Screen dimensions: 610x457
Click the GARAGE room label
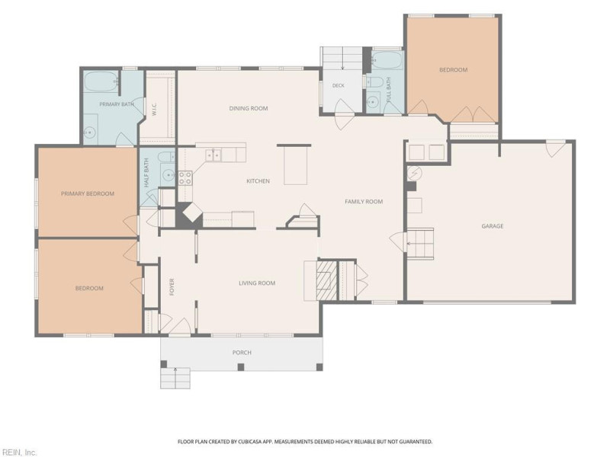click(492, 225)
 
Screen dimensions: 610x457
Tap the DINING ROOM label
click(249, 108)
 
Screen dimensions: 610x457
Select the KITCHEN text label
click(258, 181)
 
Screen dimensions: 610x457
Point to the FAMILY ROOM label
click(364, 201)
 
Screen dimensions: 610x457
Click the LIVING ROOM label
click(257, 283)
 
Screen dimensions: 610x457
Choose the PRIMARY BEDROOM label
click(88, 193)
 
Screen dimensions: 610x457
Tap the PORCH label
click(242, 353)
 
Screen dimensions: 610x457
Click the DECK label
click(338, 85)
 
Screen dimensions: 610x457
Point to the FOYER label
click(172, 287)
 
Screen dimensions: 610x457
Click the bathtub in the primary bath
click(101, 81)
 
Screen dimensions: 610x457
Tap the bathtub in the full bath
click(387, 60)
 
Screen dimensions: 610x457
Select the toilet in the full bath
click(374, 81)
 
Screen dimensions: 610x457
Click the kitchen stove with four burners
click(185, 178)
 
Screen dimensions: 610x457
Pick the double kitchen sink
click(213, 155)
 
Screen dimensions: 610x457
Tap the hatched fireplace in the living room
click(326, 280)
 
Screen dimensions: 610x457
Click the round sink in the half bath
click(169, 176)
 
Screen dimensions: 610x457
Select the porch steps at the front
click(175, 378)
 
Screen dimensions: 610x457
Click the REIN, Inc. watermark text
click(18, 452)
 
